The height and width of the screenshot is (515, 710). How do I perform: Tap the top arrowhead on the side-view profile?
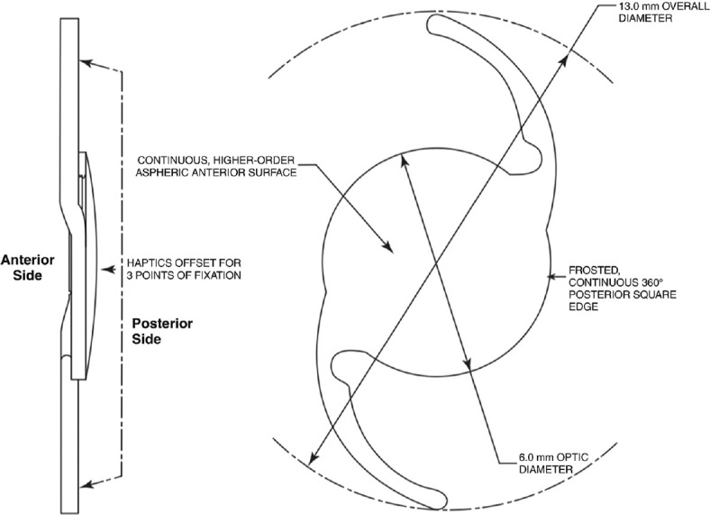tap(84, 62)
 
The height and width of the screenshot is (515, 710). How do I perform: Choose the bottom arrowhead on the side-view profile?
tap(84, 484)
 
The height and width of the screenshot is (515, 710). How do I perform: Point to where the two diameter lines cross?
tap(436, 262)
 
